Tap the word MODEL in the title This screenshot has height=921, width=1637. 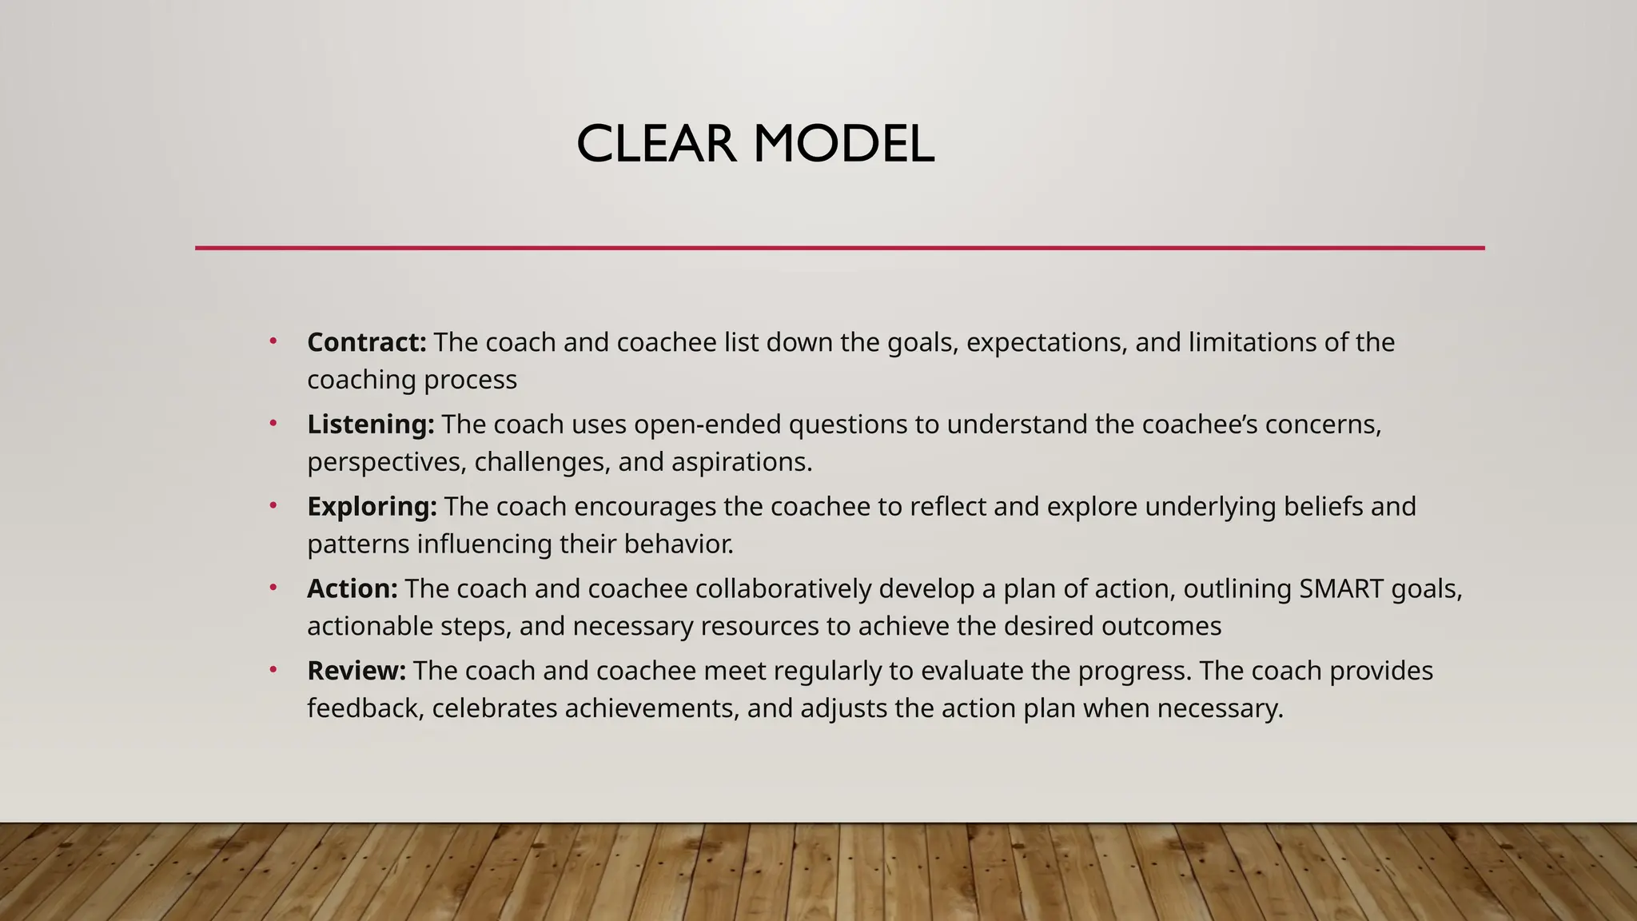(843, 145)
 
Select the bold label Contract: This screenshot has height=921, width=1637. (367, 342)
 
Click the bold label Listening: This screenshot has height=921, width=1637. (371, 424)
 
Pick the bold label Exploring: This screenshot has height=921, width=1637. (372, 506)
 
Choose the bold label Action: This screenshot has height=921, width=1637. (352, 588)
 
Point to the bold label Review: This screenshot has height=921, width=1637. (356, 670)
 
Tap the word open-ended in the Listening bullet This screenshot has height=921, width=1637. (707, 424)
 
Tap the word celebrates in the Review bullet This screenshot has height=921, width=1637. (494, 708)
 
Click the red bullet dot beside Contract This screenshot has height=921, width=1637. (273, 341)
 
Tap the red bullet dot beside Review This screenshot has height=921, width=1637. (273, 669)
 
